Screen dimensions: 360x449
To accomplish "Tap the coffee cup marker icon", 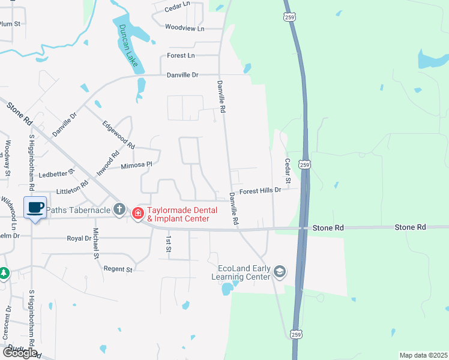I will coord(35,208).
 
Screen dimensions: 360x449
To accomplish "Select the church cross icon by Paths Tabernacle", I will coord(119,209).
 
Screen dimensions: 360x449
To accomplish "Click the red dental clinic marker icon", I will coord(137,213).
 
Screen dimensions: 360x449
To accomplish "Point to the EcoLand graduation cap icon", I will coord(279,272).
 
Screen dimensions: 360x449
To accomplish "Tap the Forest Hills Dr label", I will coord(260,191).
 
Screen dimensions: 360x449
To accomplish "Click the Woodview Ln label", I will coord(185,28).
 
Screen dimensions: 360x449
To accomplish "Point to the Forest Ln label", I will coord(181,55).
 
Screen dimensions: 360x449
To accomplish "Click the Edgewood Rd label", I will coord(118,135).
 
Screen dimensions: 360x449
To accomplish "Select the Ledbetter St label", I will coord(56,173).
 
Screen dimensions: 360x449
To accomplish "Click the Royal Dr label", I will coord(79,238).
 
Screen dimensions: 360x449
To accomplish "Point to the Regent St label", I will coord(118,269).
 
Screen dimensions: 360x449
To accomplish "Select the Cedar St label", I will coord(288,171).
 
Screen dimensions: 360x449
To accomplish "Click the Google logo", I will coord(20,352).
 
